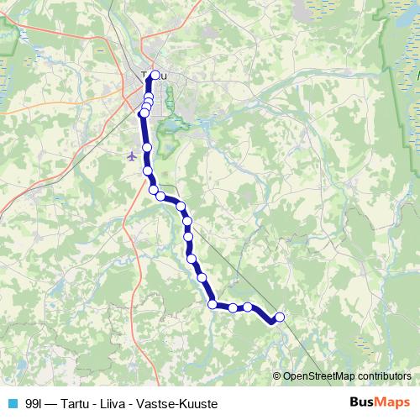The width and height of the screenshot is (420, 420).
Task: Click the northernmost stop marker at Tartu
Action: click(155, 76)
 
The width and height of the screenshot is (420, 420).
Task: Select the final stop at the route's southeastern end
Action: click(279, 317)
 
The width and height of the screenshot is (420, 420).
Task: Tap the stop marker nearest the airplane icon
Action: click(147, 148)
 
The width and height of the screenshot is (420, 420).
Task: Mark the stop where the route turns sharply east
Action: click(213, 304)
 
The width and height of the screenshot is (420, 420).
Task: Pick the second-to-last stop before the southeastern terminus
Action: click(248, 307)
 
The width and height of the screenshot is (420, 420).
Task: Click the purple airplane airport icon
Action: click(131, 155)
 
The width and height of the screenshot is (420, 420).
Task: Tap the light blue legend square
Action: click(12, 404)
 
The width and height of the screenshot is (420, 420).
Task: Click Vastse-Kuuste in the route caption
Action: click(185, 404)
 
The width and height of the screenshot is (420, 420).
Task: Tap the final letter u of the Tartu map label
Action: click(163, 76)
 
